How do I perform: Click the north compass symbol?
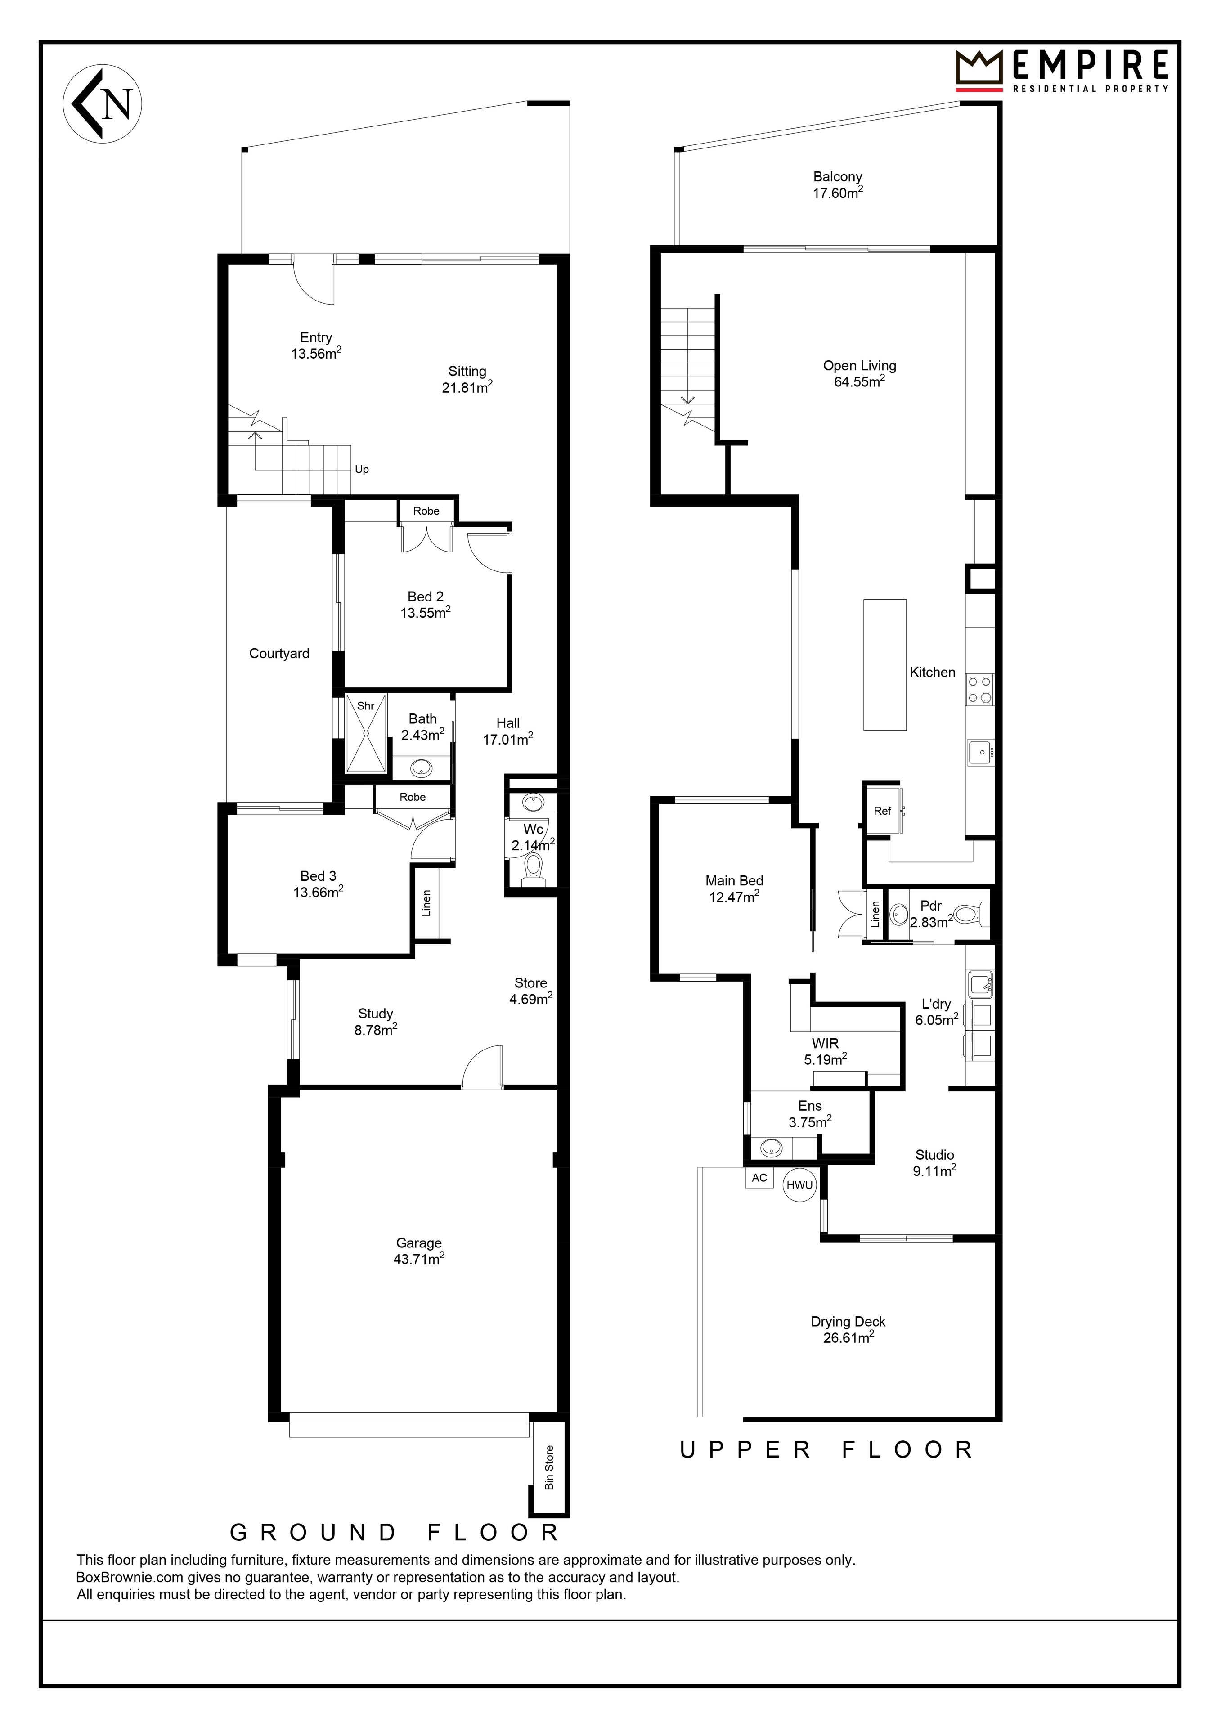[x=102, y=104]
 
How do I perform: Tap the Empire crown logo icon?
[x=979, y=70]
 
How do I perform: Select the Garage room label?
[x=419, y=1243]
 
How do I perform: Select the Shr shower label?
[x=366, y=705]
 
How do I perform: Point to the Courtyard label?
[x=279, y=654]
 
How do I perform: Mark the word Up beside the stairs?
[x=362, y=469]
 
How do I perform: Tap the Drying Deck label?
[x=848, y=1322]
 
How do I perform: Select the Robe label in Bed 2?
[x=426, y=511]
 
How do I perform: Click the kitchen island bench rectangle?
[x=885, y=664]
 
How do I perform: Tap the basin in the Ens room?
[x=771, y=1148]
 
